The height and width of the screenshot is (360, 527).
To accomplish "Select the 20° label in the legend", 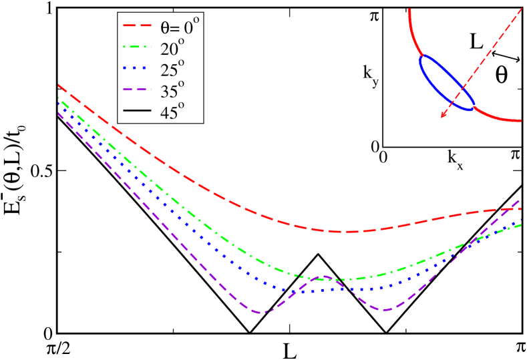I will click(x=172, y=47).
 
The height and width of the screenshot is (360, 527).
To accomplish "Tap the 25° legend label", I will click(x=172, y=69).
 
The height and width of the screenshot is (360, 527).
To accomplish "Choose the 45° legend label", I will click(x=172, y=112).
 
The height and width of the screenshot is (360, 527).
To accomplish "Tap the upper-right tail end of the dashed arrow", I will click(x=522, y=8).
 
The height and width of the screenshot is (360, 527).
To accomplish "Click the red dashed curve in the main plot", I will click(x=267, y=216).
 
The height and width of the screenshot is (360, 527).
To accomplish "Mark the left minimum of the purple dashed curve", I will click(x=261, y=312).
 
